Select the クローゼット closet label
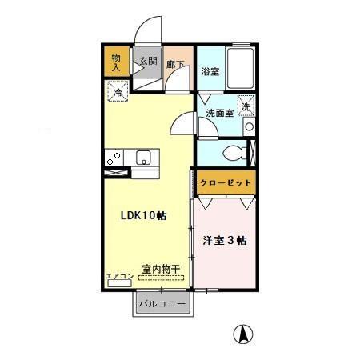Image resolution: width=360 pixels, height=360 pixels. pyautogui.click(x=225, y=182)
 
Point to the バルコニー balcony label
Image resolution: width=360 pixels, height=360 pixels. pyautogui.click(x=162, y=304)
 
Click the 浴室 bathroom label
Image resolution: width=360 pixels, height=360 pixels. pyautogui.click(x=210, y=70)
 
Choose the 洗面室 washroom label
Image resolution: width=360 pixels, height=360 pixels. pyautogui.click(x=219, y=113)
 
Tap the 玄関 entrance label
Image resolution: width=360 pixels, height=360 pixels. pyautogui.click(x=147, y=61)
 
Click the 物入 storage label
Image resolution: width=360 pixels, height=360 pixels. pyautogui.click(x=116, y=62)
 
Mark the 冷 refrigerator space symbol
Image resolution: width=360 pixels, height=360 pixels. pyautogui.click(x=117, y=92)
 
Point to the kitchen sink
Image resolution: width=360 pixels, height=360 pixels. pyautogui.click(x=144, y=157)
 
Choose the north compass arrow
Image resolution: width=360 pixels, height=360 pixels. pyautogui.click(x=238, y=334)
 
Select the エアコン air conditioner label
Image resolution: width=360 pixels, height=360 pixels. pyautogui.click(x=118, y=276)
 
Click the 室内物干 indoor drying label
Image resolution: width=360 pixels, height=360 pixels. pyautogui.click(x=161, y=269)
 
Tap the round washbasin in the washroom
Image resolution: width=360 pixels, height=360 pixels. pyautogui.click(x=249, y=127)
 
